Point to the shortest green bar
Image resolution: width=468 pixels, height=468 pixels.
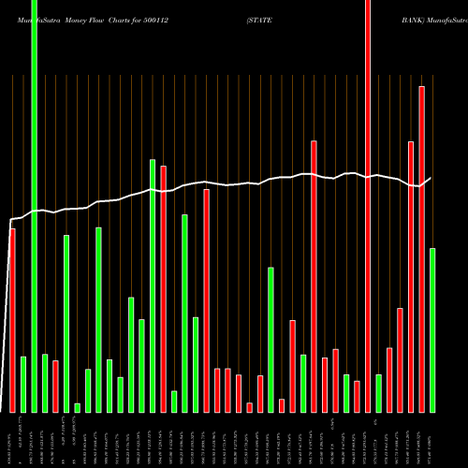(x=77, y=407)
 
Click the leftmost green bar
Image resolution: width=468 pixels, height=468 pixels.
(x=23, y=384)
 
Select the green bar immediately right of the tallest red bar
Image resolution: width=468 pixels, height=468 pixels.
(x=378, y=393)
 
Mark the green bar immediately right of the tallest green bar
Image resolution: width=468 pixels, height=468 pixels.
(x=45, y=383)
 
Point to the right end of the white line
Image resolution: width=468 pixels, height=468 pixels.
(x=431, y=178)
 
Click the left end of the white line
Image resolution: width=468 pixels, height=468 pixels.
(x=10, y=221)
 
